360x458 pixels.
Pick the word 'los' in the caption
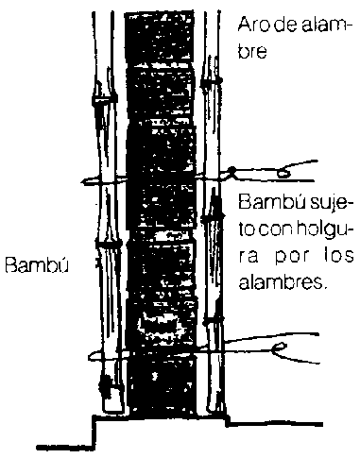coord(339,257)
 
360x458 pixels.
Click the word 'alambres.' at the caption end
coord(281,281)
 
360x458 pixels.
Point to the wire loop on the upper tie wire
coord(283,173)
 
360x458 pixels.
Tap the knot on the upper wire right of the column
coord(231,172)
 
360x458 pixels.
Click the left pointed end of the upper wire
coord(82,181)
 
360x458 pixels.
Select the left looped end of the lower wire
coord(92,356)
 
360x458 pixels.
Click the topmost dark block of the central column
coord(159,37)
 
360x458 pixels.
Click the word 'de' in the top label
coord(283,25)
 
